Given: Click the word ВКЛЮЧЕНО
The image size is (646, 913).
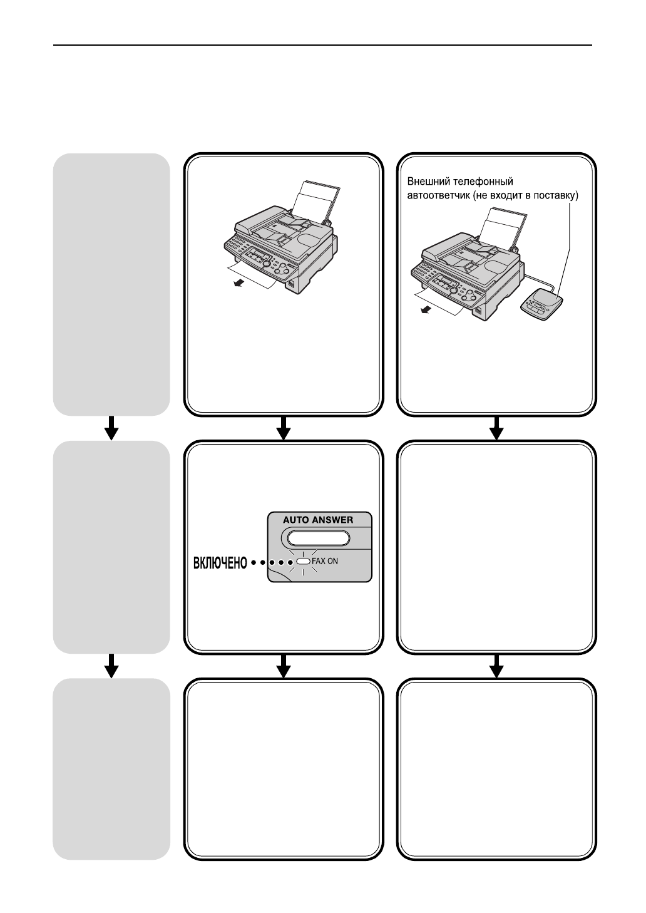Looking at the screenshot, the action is click(x=220, y=563).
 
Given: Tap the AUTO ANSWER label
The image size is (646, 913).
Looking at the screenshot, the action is click(x=318, y=520).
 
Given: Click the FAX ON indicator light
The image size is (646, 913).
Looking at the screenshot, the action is click(x=303, y=561).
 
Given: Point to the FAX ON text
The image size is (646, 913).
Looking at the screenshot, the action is click(x=325, y=561).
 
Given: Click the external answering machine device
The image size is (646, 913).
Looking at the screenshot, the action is click(x=541, y=304).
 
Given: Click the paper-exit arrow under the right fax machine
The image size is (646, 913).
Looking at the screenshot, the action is click(x=426, y=310).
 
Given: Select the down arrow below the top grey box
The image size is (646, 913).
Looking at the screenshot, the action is click(x=111, y=428).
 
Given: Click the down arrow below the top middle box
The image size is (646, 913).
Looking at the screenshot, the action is click(x=284, y=428).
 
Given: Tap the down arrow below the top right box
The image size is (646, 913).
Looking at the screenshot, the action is click(x=496, y=428).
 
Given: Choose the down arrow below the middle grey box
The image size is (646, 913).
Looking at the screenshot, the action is click(x=111, y=666).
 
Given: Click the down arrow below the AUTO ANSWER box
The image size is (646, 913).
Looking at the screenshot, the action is click(x=284, y=666).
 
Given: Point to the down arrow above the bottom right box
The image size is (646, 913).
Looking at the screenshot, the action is click(x=496, y=666).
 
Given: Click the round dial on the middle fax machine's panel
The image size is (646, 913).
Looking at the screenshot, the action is click(x=266, y=264).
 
